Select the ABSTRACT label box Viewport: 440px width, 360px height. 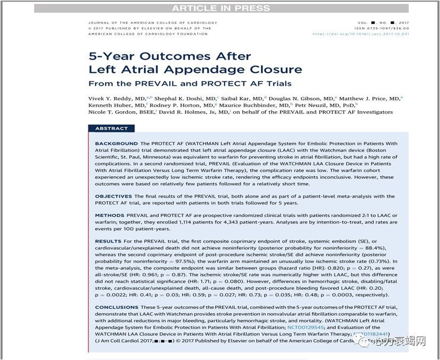111,128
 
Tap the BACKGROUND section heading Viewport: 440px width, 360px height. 116,144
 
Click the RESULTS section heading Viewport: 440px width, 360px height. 109,242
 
